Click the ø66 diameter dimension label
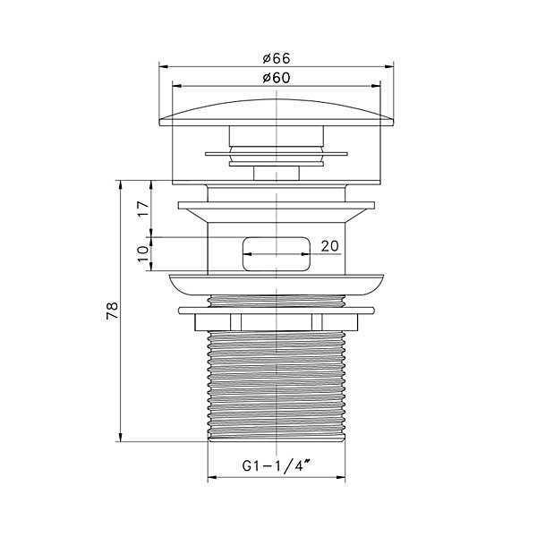coord(277,58)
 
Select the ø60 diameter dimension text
coord(277,78)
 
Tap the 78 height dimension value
coord(113,311)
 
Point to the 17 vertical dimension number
coord(143,209)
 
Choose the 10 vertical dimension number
coord(143,253)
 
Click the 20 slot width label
coord(329,246)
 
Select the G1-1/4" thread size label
coord(277,465)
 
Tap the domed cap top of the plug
coord(277,113)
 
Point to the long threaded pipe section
coord(277,386)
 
